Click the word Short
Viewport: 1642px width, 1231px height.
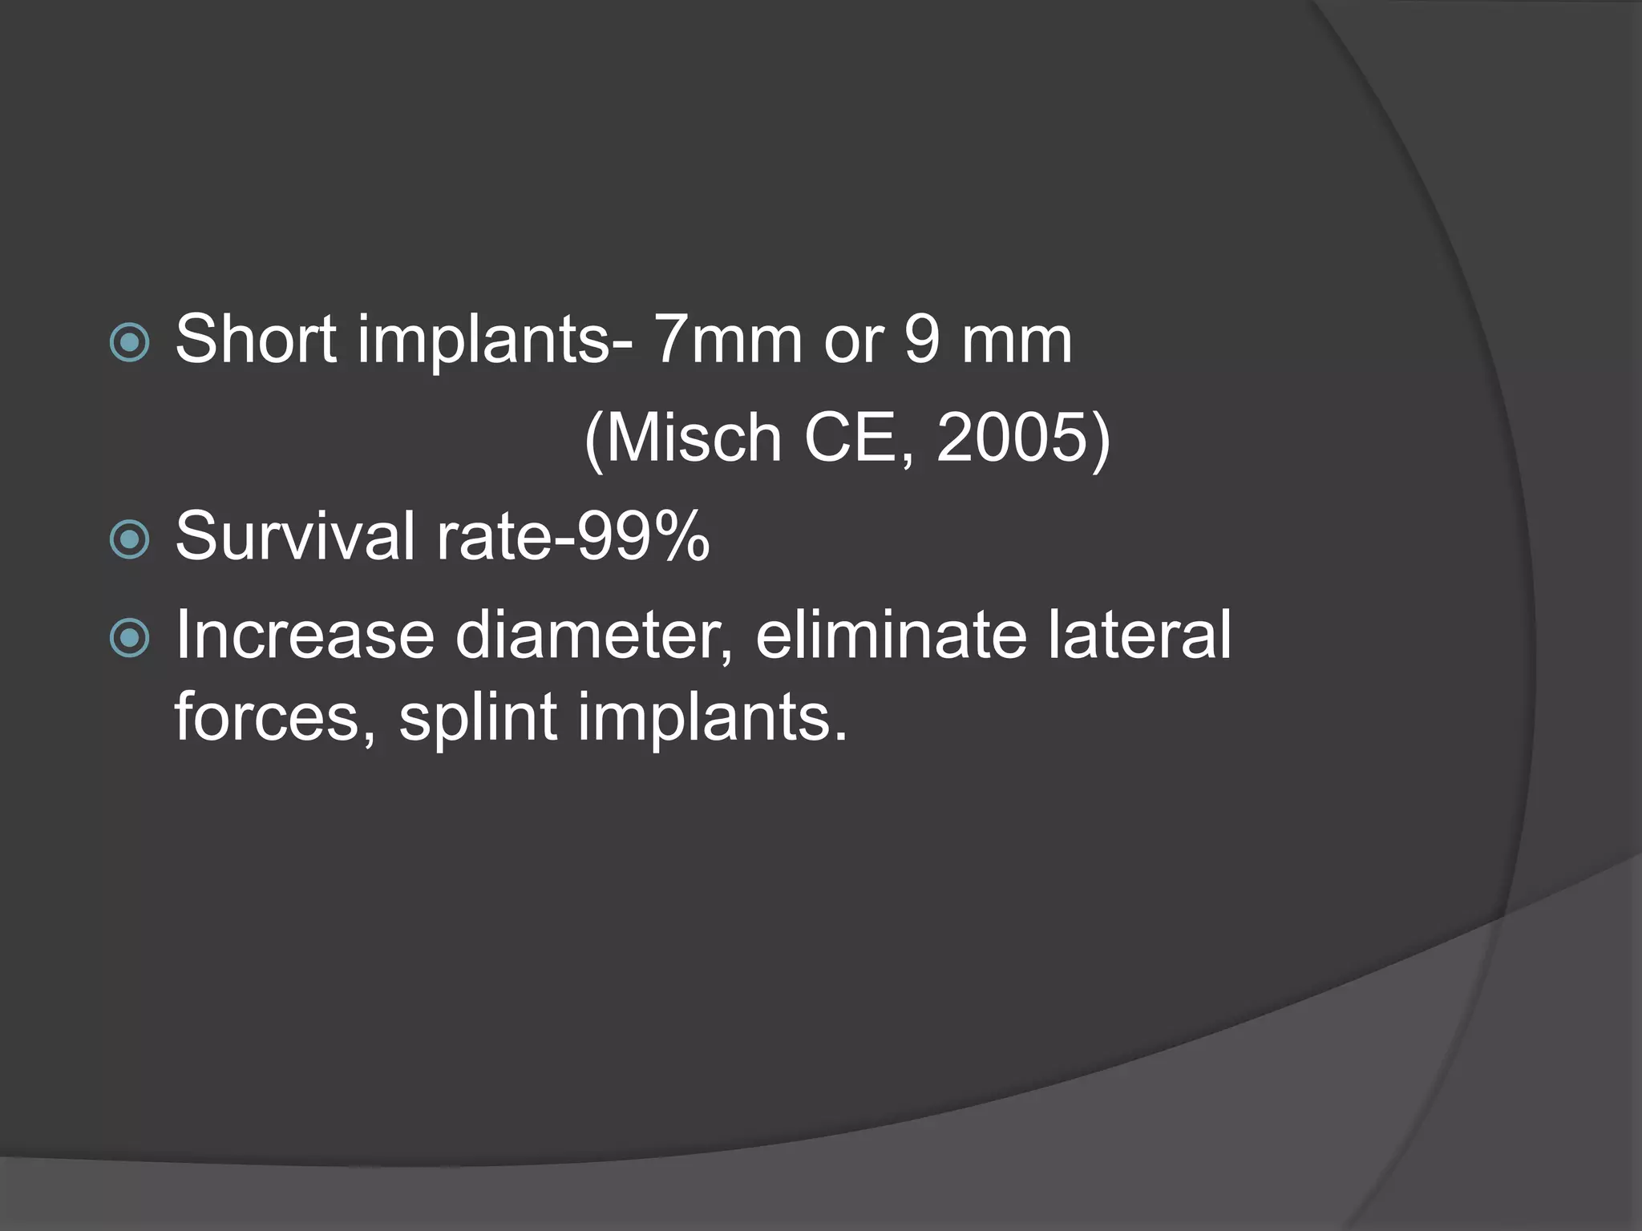[x=256, y=339]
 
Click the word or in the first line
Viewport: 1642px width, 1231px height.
[x=853, y=341]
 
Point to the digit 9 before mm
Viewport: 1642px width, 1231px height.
[x=921, y=339]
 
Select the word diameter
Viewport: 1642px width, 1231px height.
[x=594, y=635]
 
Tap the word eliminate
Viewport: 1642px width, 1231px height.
[x=891, y=635]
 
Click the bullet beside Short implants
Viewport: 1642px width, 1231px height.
[x=129, y=343]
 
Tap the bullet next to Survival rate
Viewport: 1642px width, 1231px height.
[x=129, y=539]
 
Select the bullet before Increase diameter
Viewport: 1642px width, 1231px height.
[x=129, y=638]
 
